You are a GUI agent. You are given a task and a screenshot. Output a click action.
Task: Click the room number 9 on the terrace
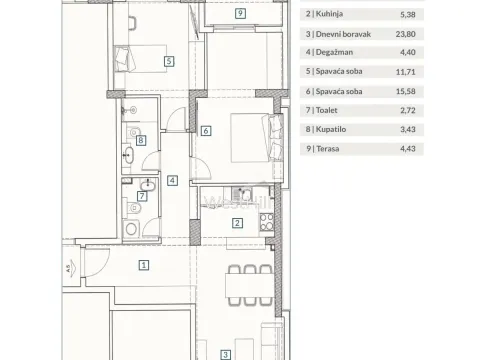241,14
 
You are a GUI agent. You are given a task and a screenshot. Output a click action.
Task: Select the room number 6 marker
204,130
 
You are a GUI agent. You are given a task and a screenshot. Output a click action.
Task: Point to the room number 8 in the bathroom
141,141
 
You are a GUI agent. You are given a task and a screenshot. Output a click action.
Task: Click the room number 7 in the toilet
141,196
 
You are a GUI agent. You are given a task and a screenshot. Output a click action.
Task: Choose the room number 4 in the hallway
172,181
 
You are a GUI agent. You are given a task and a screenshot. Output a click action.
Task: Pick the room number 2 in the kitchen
237,223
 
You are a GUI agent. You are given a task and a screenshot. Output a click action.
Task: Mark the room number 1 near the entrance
144,266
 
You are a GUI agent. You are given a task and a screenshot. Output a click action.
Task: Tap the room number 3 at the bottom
226,353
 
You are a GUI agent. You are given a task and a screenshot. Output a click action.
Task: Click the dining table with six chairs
247,284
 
